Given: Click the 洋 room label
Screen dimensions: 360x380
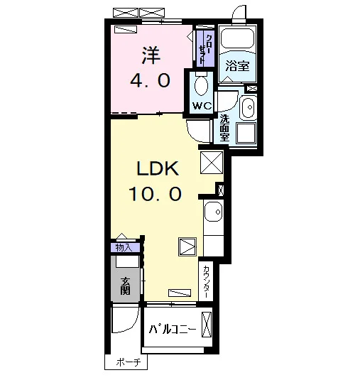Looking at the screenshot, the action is point(151,55).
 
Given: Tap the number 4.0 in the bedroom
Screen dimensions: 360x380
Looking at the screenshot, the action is point(151,80).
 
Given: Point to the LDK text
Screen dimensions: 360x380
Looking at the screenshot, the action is point(158,168).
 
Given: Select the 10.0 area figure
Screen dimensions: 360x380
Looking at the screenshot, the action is point(155,194).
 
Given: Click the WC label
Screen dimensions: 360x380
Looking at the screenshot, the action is point(202,106).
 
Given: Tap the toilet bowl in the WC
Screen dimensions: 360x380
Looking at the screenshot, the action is point(202,86).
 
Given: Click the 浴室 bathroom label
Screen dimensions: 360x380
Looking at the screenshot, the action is point(237,65).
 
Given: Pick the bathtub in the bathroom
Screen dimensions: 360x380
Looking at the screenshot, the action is point(237,38).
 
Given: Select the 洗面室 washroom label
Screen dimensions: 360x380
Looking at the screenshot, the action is point(224,127).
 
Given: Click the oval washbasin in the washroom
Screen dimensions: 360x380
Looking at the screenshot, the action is point(249,107).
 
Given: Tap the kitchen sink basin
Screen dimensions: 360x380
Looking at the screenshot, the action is point(213,212).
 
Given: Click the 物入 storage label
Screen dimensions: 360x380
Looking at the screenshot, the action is point(124,248).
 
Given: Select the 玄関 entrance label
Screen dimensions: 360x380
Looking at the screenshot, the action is point(126,286).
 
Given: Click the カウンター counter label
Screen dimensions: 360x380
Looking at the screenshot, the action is point(206,281).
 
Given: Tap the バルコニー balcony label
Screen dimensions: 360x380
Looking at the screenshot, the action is point(173,329).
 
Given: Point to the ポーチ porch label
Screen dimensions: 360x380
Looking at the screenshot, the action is point(129,362).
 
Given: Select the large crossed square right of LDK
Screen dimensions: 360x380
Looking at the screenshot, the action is point(212,163).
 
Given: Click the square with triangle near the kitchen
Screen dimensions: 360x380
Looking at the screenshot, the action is point(187,246).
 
